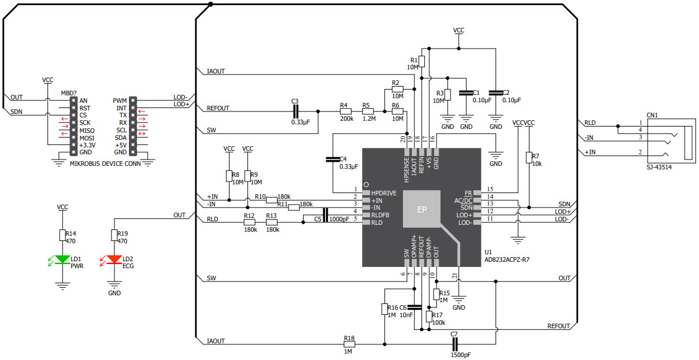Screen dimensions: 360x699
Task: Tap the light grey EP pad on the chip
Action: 421,209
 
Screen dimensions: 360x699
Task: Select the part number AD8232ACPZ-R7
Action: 507,260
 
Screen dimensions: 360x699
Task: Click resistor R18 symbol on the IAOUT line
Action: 349,344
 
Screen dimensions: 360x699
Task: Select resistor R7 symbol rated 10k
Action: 528,157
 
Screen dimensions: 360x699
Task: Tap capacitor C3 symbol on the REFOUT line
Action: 295,111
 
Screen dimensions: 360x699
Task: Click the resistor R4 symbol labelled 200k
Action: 346,111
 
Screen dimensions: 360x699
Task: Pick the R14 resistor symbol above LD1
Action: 62,234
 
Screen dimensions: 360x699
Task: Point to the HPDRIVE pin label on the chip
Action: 384,192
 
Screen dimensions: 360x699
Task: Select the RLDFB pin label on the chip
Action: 381,215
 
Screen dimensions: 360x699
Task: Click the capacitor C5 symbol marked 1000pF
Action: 326,215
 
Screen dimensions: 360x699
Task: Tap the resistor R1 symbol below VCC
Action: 422,61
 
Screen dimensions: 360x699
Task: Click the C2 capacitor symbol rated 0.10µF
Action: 495,92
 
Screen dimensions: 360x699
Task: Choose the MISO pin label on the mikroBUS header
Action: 87,130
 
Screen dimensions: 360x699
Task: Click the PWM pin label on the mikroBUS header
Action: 120,100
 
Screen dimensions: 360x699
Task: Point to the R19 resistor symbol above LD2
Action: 114,234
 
